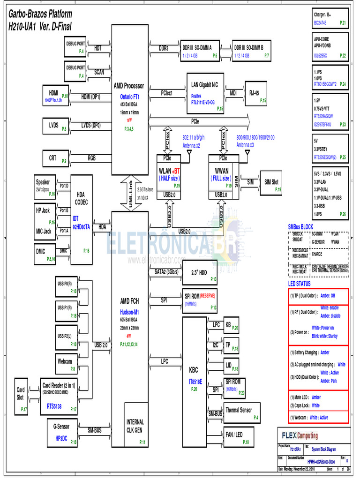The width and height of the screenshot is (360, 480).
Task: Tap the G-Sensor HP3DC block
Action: click(x=62, y=431)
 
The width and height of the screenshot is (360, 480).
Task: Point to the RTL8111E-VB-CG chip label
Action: click(x=203, y=102)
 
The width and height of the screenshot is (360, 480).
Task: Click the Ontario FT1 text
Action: click(x=130, y=97)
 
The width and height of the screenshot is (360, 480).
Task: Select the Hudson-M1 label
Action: click(x=130, y=311)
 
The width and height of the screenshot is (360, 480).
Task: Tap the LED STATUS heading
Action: click(x=299, y=284)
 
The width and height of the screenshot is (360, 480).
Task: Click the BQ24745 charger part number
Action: click(x=320, y=22)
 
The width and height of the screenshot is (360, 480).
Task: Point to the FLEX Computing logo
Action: click(x=300, y=435)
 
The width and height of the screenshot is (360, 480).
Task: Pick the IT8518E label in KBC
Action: click(x=195, y=382)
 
